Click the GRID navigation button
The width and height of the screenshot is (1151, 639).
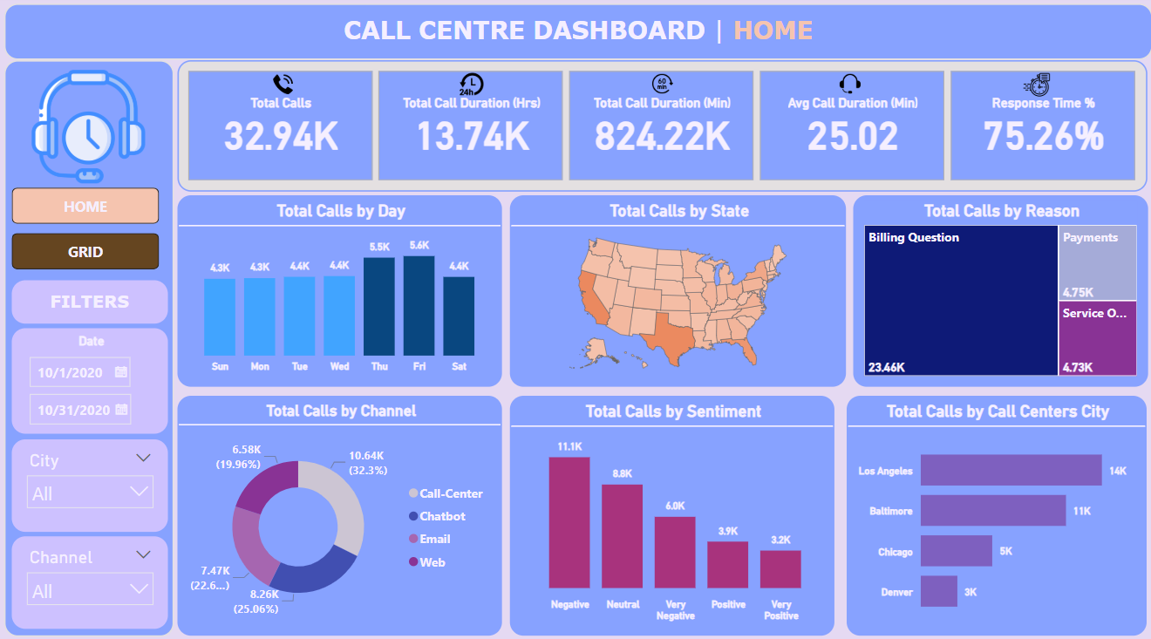pos(85,252)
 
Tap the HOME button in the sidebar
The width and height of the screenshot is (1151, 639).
pos(85,207)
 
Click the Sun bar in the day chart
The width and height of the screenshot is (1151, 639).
pos(220,316)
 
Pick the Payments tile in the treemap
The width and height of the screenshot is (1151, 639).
pos(1098,262)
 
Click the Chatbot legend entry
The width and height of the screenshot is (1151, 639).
pos(442,516)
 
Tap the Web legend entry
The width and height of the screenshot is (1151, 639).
pos(432,562)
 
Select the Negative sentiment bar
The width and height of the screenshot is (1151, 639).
pos(569,522)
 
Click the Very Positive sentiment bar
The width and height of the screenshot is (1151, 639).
pos(780,568)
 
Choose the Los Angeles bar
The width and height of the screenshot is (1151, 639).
pos(1011,470)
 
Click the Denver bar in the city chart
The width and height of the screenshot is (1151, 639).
pos(938,591)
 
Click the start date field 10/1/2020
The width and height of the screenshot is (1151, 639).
pos(71,372)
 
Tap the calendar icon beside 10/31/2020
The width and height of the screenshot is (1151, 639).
pos(121,409)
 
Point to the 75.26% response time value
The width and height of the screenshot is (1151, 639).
pos(1043,137)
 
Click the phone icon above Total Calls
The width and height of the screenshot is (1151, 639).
pos(283,84)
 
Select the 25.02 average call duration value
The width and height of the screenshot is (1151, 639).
pos(852,137)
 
